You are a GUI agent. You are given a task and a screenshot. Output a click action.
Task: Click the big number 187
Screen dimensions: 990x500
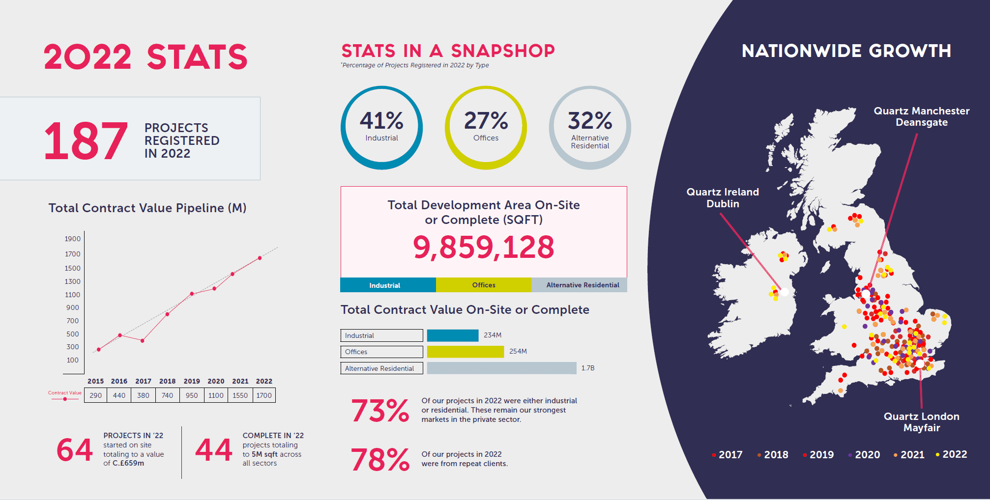click(86, 141)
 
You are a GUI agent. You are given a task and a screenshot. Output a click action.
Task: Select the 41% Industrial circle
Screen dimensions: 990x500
click(381, 87)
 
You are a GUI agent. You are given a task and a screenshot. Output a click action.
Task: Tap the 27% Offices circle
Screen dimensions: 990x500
click(486, 87)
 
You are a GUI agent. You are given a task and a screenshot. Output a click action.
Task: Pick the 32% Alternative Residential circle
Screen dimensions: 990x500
click(590, 87)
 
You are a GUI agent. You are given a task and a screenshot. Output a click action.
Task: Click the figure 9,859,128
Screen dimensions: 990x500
click(484, 247)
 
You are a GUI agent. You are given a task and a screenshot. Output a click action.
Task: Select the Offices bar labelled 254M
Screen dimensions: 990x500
click(466, 352)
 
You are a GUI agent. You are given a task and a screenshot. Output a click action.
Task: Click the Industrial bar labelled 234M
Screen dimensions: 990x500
click(453, 335)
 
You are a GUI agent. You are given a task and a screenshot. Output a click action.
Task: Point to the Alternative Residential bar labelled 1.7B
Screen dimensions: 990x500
click(502, 368)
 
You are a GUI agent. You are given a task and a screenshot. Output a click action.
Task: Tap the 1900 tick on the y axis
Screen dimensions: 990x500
click(73, 239)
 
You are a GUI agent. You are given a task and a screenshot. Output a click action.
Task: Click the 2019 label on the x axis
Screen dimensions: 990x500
click(192, 381)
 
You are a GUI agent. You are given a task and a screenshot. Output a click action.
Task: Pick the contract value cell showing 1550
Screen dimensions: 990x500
click(240, 395)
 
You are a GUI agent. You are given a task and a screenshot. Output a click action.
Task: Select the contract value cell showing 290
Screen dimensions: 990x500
click(96, 395)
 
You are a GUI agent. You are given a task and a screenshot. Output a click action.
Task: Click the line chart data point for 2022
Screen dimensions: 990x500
click(260, 258)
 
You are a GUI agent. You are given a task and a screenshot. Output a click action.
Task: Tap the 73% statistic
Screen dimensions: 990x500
click(380, 411)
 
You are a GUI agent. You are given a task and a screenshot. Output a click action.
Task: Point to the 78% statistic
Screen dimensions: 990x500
click(380, 460)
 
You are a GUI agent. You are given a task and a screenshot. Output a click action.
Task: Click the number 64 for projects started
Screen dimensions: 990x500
click(75, 450)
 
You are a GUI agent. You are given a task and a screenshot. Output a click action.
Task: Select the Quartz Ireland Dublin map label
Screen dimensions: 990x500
click(723, 197)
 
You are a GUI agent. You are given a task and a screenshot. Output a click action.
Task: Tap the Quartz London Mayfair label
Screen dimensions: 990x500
click(922, 422)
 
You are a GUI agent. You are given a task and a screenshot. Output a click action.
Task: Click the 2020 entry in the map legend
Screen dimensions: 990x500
click(864, 455)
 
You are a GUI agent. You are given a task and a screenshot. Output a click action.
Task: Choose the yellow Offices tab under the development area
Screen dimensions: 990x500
click(484, 285)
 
